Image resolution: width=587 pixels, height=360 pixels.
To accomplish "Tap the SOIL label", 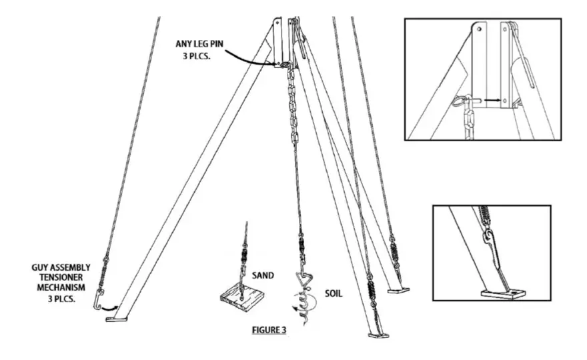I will click(333, 292).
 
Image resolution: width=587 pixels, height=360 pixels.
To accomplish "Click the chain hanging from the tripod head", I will click(291, 107).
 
